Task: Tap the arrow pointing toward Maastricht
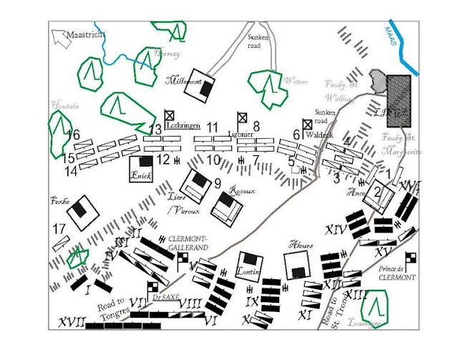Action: tap(59, 35)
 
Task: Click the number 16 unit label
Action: tap(72, 135)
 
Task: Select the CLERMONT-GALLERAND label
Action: tap(188, 243)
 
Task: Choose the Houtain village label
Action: tap(63, 105)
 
